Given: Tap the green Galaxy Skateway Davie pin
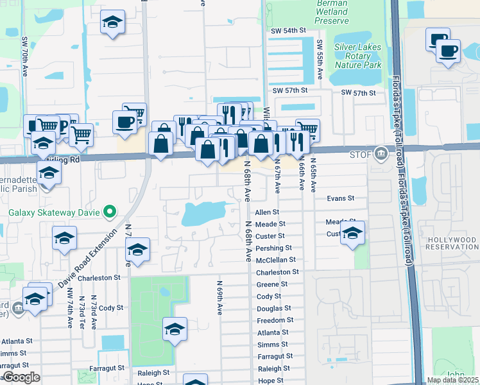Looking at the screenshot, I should (x=109, y=210).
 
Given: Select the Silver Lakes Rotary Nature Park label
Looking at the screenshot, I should (x=358, y=56).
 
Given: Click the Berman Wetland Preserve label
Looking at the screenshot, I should (x=332, y=12).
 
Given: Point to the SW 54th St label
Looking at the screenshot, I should (x=289, y=31).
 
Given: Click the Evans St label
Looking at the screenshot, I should (x=340, y=199).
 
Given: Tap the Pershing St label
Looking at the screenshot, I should (x=274, y=248).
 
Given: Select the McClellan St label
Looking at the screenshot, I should (x=275, y=260).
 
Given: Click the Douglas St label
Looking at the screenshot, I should (x=274, y=309).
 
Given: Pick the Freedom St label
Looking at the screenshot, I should (x=275, y=320).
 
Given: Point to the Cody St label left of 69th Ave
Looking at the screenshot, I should (x=110, y=308).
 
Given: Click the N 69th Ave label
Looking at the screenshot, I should (x=219, y=297).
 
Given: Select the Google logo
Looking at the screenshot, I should (x=21, y=377).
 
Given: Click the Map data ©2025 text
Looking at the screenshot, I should (x=452, y=380).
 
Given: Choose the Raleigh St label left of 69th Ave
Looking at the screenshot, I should (x=153, y=372).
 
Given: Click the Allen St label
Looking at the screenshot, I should (x=267, y=212).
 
